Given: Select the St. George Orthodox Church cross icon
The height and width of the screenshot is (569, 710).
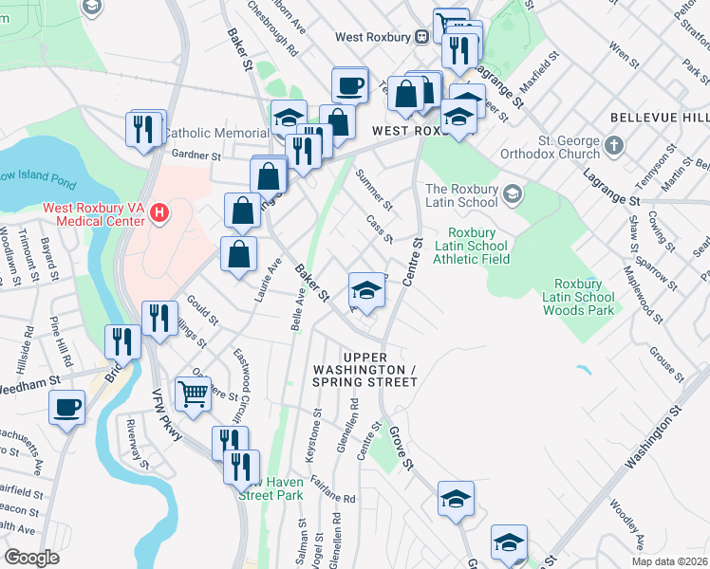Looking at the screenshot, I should pyautogui.click(x=614, y=147).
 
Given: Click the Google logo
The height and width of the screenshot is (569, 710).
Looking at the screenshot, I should pyautogui.click(x=31, y=558).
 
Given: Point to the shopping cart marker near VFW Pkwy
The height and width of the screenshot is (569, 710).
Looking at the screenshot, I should pyautogui.click(x=193, y=392).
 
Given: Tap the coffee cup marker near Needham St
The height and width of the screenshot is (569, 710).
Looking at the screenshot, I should pyautogui.click(x=66, y=408).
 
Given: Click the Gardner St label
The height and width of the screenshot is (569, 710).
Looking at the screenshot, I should pyautogui.click(x=196, y=156).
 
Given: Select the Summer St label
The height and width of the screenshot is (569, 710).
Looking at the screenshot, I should pyautogui.click(x=373, y=188).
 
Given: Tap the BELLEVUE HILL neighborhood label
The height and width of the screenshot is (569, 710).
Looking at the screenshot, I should pyautogui.click(x=659, y=117).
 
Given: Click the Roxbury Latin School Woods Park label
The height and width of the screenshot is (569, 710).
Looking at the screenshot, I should pyautogui.click(x=585, y=297).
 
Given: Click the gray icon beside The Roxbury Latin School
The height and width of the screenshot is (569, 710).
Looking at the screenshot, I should pyautogui.click(x=514, y=194).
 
